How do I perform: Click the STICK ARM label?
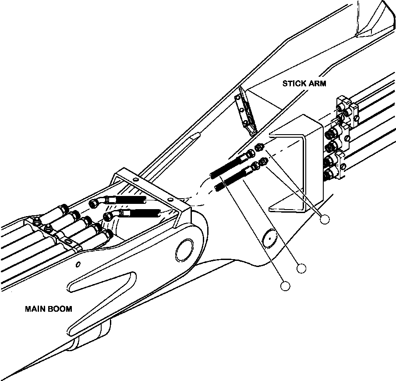tap(304, 83)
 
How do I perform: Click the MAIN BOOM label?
tap(49, 309)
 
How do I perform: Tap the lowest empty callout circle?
tap(285, 286)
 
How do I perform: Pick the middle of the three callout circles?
tap(301, 268)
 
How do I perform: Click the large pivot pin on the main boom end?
tap(184, 251)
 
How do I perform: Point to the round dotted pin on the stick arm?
tap(269, 238)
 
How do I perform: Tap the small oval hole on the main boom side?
tap(78, 264)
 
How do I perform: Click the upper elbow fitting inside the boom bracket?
tap(97, 202)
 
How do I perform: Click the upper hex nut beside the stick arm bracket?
tap(260, 147)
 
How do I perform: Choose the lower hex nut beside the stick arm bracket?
tap(264, 161)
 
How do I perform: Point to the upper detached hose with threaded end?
tap(233, 164)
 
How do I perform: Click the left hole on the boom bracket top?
tap(136, 179)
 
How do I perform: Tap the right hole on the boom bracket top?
tap(171, 199)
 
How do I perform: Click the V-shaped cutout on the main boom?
tap(102, 301)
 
